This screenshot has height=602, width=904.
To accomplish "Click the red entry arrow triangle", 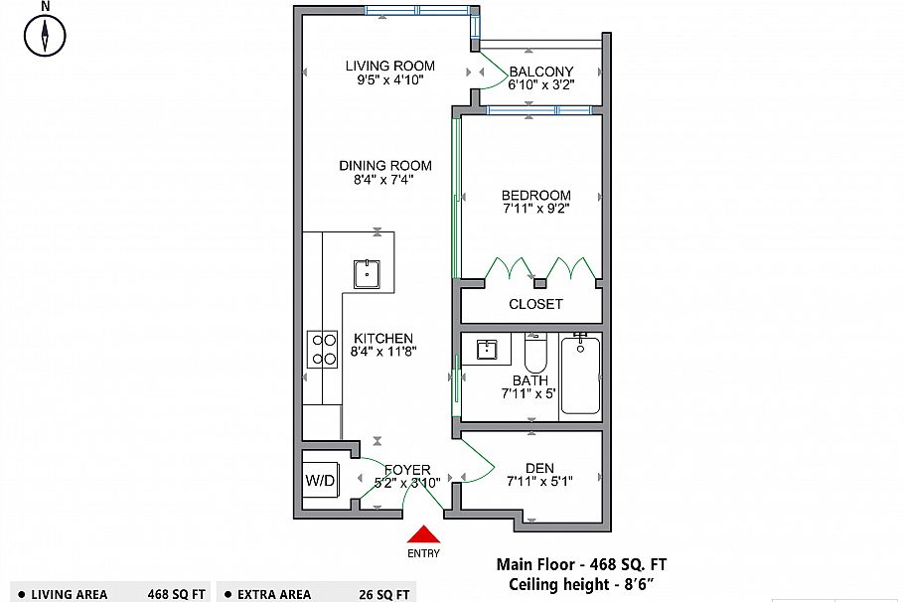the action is click(x=424, y=534).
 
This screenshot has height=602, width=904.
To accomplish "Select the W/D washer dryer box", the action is click(x=321, y=480).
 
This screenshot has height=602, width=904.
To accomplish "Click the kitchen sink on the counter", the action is click(x=367, y=274).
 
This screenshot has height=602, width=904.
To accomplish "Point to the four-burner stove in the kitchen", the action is click(x=322, y=350).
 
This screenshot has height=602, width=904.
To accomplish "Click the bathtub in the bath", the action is click(x=580, y=376).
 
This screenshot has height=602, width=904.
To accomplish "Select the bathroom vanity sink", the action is click(x=487, y=350).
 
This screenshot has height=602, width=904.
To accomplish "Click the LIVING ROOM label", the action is click(x=390, y=66).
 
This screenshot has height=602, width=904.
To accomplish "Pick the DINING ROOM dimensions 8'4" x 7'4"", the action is click(x=384, y=180).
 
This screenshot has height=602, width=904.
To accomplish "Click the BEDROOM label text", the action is click(x=536, y=196).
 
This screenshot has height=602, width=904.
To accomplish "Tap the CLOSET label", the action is click(x=535, y=304).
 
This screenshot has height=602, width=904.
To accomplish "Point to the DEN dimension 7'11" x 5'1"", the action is click(x=539, y=481).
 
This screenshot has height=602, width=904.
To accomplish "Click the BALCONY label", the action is click(x=541, y=72).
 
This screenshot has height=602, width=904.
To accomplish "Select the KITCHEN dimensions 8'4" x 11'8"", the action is click(x=383, y=352).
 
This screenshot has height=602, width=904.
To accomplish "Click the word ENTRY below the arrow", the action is click(x=424, y=553).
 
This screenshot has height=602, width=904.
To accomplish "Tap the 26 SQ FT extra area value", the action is click(x=384, y=594).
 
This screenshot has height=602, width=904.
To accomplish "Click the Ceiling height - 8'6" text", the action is click(x=581, y=585).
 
